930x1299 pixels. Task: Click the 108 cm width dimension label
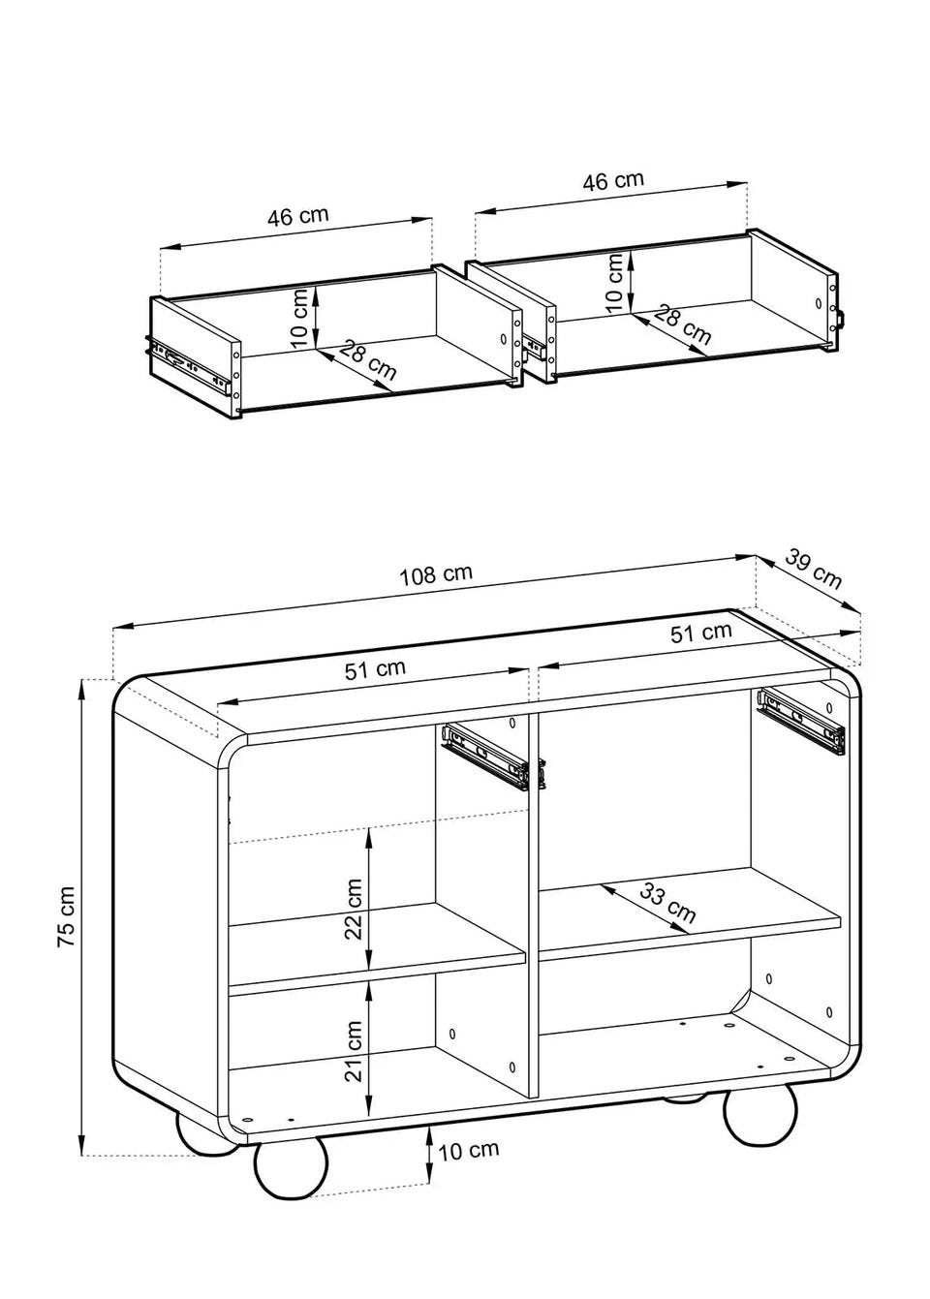pyautogui.click(x=436, y=573)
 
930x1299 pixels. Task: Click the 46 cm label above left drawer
pyautogui.click(x=297, y=216)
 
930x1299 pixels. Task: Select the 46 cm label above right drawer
pyautogui.click(x=613, y=180)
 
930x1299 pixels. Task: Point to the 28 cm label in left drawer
pyautogui.click(x=367, y=360)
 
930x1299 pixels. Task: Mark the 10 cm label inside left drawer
pyautogui.click(x=301, y=318)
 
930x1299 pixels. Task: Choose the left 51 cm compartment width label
pyautogui.click(x=375, y=669)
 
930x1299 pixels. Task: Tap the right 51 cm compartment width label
pyautogui.click(x=701, y=633)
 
